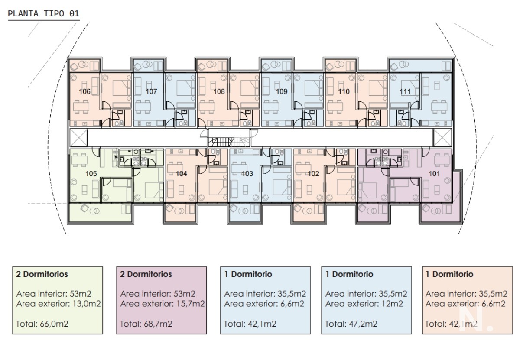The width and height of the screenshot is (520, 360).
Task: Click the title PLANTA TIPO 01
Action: tap(44, 13)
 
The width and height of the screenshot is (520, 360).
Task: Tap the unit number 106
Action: tap(85, 91)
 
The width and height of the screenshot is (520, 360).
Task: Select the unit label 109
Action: tap(282, 91)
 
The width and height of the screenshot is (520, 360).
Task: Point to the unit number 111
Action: tap(405, 91)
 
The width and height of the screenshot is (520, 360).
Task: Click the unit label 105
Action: tap(91, 174)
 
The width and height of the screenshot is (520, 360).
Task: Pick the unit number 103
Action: tap(247, 174)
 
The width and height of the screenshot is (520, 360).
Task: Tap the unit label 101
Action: tap(434, 174)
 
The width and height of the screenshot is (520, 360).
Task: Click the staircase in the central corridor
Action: tap(229, 142)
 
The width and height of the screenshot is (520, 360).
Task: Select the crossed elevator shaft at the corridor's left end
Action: tap(79, 138)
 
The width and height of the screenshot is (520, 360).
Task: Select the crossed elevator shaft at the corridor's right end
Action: tap(442, 138)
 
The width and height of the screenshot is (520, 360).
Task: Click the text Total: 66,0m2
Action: tap(42, 324)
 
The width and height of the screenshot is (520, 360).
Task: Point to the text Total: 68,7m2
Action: tap(146, 324)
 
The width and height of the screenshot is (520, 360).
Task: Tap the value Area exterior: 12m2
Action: tap(364, 304)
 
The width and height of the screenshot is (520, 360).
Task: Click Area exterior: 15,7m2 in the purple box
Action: tap(162, 304)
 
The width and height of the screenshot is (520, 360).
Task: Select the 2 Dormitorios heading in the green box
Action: tap(42, 274)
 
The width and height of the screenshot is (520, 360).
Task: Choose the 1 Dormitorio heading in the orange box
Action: tap(449, 274)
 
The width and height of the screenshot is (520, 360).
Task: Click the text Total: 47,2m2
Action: tap(351, 324)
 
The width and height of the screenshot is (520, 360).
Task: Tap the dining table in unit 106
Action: tap(81, 107)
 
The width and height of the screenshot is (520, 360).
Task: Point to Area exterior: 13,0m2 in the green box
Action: tap(58, 304)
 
